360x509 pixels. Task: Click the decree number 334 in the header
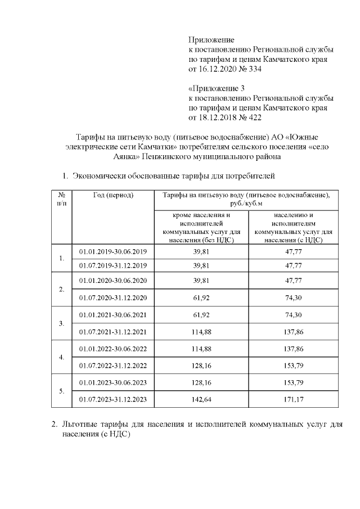click(254, 69)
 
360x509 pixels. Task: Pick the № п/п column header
click(61, 199)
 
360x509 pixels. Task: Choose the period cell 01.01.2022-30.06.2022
click(113, 349)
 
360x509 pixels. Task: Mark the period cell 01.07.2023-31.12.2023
click(113, 399)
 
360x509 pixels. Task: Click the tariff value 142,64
click(201, 399)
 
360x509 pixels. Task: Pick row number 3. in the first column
click(61, 324)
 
